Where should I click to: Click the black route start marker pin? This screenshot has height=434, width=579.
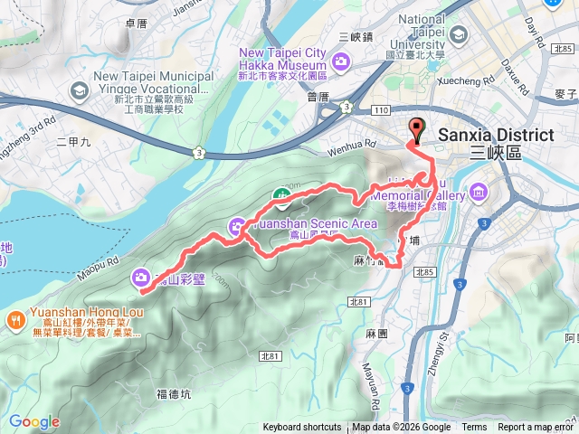point(416,130)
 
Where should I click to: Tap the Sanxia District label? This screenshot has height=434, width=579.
point(495,136)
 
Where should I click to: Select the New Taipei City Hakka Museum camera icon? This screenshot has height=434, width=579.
point(341,61)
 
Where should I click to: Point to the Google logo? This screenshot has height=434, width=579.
point(34,421)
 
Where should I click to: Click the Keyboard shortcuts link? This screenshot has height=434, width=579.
point(302,428)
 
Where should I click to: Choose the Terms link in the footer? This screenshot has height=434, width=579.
point(474,428)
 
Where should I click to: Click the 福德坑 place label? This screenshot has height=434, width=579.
point(173,393)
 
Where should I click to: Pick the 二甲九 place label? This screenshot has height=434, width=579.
point(73,142)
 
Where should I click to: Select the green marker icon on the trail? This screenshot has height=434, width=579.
point(283,193)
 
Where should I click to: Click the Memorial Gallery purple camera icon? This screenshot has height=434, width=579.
point(478,193)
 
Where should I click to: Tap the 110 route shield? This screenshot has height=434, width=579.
point(380,108)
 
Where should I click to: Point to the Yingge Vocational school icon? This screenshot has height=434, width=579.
point(80,90)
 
